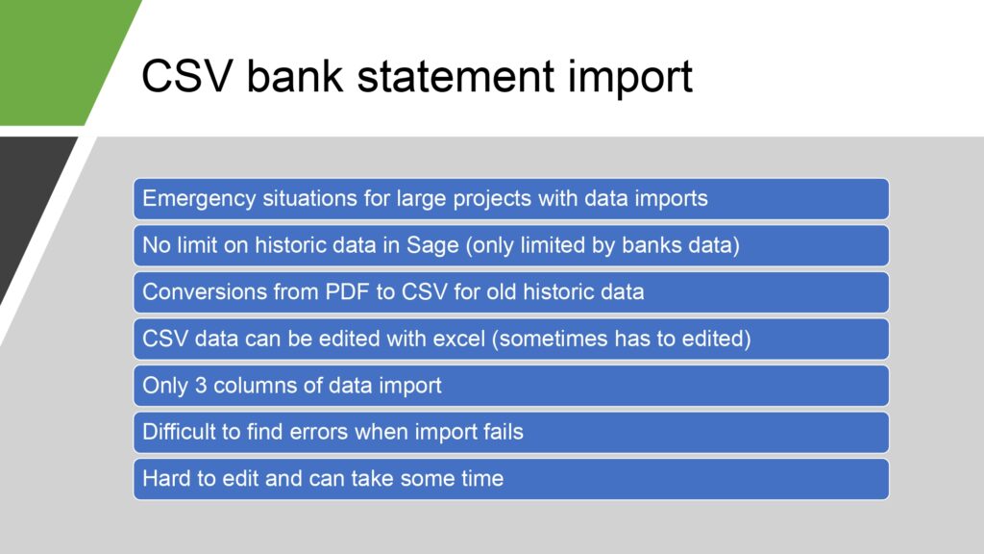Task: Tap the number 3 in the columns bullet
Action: (x=201, y=385)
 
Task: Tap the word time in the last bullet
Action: (x=482, y=478)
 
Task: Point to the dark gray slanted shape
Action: (x=28, y=201)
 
